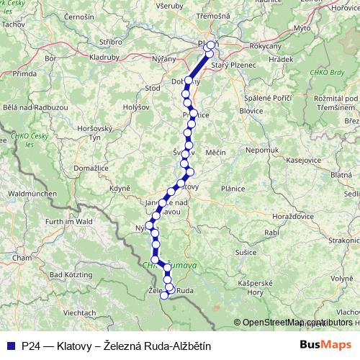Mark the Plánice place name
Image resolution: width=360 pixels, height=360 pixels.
click(x=234, y=187)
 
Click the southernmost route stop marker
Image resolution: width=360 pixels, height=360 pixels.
click(x=164, y=295)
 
